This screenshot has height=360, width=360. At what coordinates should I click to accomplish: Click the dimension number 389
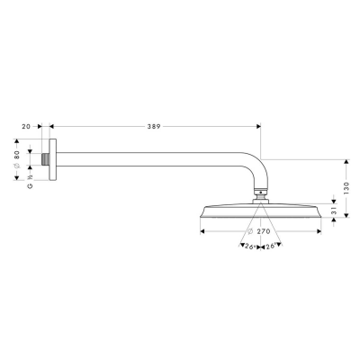(x=154, y=128)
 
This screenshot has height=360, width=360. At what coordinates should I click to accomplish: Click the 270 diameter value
(x=265, y=231)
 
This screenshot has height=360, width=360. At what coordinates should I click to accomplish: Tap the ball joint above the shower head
(x=260, y=192)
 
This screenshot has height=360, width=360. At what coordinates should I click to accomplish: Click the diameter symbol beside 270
(x=251, y=231)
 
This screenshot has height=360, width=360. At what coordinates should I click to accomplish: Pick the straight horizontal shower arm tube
(x=153, y=155)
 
